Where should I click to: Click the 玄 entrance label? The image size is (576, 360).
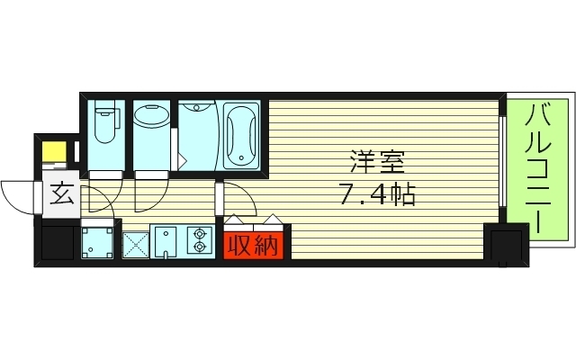click(x=61, y=193)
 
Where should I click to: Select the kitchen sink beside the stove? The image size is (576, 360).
click(x=166, y=242)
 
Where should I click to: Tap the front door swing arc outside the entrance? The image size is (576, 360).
click(x=20, y=193)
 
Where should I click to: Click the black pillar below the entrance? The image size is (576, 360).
click(x=57, y=243)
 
